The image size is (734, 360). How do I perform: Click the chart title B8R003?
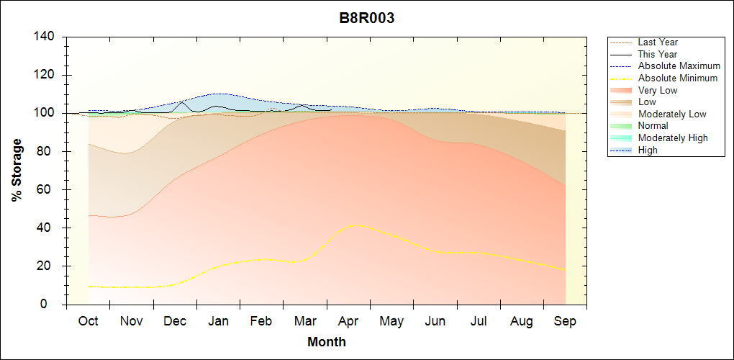367,19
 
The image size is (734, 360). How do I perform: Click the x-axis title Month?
327,342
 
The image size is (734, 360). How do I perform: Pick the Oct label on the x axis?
88,322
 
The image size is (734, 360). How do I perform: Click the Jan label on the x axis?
218,322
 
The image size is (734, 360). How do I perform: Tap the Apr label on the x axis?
348,322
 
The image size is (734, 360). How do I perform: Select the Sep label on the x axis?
565,322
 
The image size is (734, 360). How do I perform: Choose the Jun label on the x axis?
435,322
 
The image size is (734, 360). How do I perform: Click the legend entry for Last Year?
658,42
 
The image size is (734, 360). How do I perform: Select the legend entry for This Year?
658,54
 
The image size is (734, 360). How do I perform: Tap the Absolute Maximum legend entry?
679,66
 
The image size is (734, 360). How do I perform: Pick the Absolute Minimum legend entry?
678,78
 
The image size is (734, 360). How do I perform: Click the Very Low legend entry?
658,90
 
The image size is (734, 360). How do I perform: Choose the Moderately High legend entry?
673,138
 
